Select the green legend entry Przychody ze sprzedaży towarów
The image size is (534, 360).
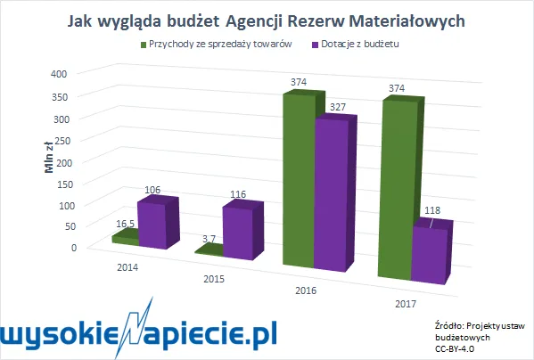[215, 44]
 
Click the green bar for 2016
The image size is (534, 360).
[298, 178]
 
